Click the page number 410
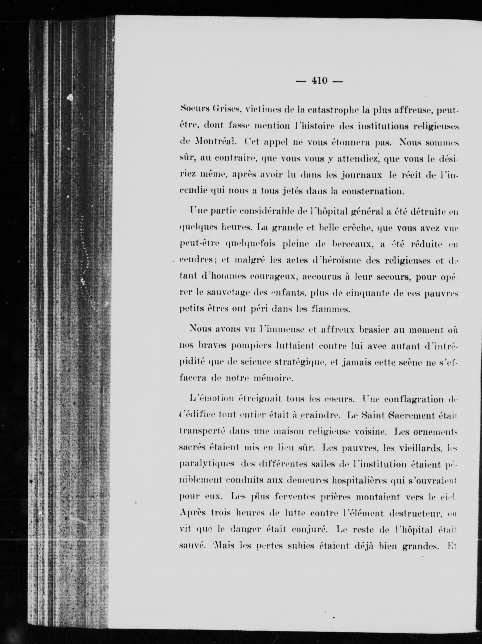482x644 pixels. click(x=319, y=80)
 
